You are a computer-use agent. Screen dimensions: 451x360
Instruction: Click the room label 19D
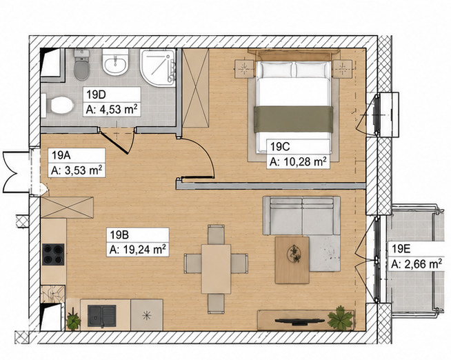pyautogui.click(x=96, y=94)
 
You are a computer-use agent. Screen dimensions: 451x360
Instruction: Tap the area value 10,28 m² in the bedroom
pyautogui.click(x=299, y=162)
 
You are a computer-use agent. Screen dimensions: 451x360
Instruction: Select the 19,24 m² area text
pyautogui.click(x=137, y=249)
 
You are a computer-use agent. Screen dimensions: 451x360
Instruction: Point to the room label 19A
pyautogui.click(x=61, y=155)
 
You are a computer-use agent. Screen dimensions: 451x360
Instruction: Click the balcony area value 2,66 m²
pyautogui.click(x=417, y=264)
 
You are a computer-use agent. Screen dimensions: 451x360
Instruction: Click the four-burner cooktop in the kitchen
pyautogui.click(x=53, y=254)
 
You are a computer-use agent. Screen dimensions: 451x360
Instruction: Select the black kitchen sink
pyautogui.click(x=102, y=316)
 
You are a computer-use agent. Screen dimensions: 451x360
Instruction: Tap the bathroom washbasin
pyautogui.click(x=115, y=62)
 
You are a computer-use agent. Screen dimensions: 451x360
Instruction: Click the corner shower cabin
pyautogui.click(x=158, y=68)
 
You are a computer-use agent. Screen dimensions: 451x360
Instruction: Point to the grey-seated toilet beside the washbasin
pyautogui.click(x=81, y=65)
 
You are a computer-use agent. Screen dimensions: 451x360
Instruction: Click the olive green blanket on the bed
pyautogui.click(x=293, y=119)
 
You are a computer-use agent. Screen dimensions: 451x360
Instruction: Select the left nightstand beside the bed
pyautogui.click(x=245, y=69)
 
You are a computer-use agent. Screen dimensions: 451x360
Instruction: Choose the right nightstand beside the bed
pyautogui.click(x=343, y=69)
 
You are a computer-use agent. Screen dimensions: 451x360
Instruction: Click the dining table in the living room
pyautogui.click(x=216, y=269)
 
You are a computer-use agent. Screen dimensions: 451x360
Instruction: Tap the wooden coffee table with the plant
pyautogui.click(x=292, y=260)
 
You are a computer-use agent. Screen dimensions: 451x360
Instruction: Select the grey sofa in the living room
pyautogui.click(x=301, y=216)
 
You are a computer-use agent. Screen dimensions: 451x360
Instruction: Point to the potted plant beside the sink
pyautogui.click(x=73, y=320)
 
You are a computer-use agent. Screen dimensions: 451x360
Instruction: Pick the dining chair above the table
pyautogui.click(x=216, y=234)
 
